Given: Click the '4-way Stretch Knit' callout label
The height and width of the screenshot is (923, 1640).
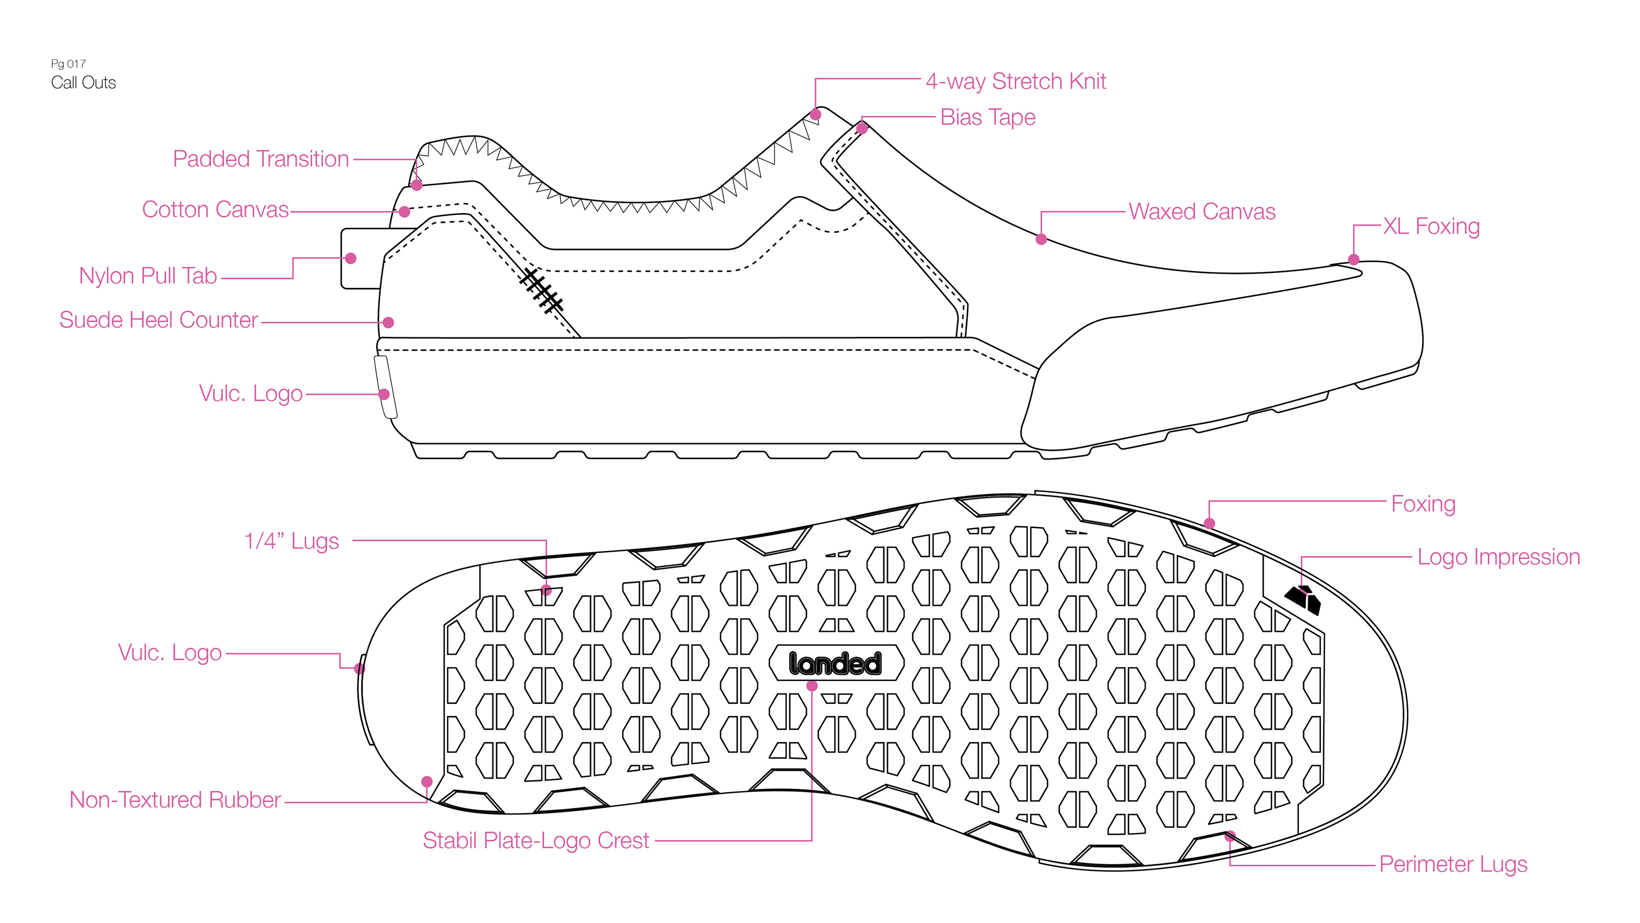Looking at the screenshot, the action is point(1016,82).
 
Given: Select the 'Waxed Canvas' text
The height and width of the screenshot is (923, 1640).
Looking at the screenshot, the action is point(1202,212).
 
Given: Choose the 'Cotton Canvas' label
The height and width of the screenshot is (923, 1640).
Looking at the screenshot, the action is point(215,209).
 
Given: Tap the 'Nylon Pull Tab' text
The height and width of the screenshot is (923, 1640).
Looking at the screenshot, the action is point(148,276).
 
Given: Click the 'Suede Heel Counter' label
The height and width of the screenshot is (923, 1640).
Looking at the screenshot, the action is point(158,320).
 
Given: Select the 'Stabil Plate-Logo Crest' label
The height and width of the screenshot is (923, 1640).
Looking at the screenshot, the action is point(536,841).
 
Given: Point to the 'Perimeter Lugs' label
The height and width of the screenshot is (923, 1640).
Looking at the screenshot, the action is point(1453,864).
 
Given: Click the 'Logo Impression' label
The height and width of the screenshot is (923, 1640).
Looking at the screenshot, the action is point(1498,557).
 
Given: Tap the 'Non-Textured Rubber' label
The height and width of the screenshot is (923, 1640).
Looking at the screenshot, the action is point(175,800).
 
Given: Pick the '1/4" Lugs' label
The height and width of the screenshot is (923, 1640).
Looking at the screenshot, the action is point(292,541).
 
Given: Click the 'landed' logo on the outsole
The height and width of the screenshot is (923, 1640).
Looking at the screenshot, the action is point(835,664).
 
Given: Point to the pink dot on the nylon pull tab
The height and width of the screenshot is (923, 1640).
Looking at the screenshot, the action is point(351,259).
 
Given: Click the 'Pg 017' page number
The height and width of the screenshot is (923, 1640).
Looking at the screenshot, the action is point(68,64).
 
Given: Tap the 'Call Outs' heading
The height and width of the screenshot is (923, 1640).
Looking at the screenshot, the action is point(83,83).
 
